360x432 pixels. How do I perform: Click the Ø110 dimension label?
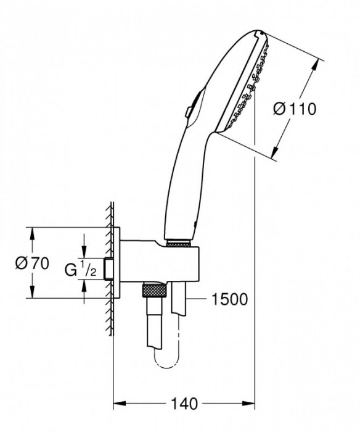click(x=294, y=109)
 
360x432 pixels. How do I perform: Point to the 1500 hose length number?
click(x=228, y=299)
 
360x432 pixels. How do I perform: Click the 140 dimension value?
click(x=184, y=404)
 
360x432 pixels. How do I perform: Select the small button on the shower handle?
click(x=187, y=111)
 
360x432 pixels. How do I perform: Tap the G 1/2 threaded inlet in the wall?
click(x=108, y=268)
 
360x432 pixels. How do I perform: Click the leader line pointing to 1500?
click(x=196, y=299)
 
